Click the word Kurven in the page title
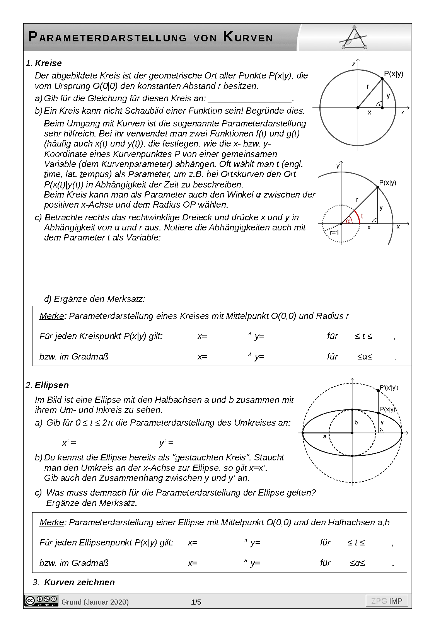click(x=248, y=37)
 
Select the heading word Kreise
click(x=48, y=63)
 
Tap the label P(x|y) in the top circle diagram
click(x=393, y=74)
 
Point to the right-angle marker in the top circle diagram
click(x=379, y=105)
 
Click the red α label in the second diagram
click(x=348, y=221)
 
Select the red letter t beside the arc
click(x=362, y=216)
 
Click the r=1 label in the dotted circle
click(x=334, y=232)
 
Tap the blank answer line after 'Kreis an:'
click(x=249, y=99)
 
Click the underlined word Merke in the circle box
click(x=51, y=316)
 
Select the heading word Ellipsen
click(x=52, y=385)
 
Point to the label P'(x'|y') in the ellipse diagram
click(x=389, y=387)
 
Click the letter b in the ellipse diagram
click(x=356, y=422)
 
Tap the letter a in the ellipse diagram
click(x=325, y=436)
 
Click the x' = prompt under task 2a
click(x=69, y=443)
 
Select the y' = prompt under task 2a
click(x=166, y=443)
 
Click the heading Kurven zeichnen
click(x=79, y=582)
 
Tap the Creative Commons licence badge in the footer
click(x=41, y=601)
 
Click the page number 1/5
click(x=196, y=602)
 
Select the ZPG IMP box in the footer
click(x=387, y=601)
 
